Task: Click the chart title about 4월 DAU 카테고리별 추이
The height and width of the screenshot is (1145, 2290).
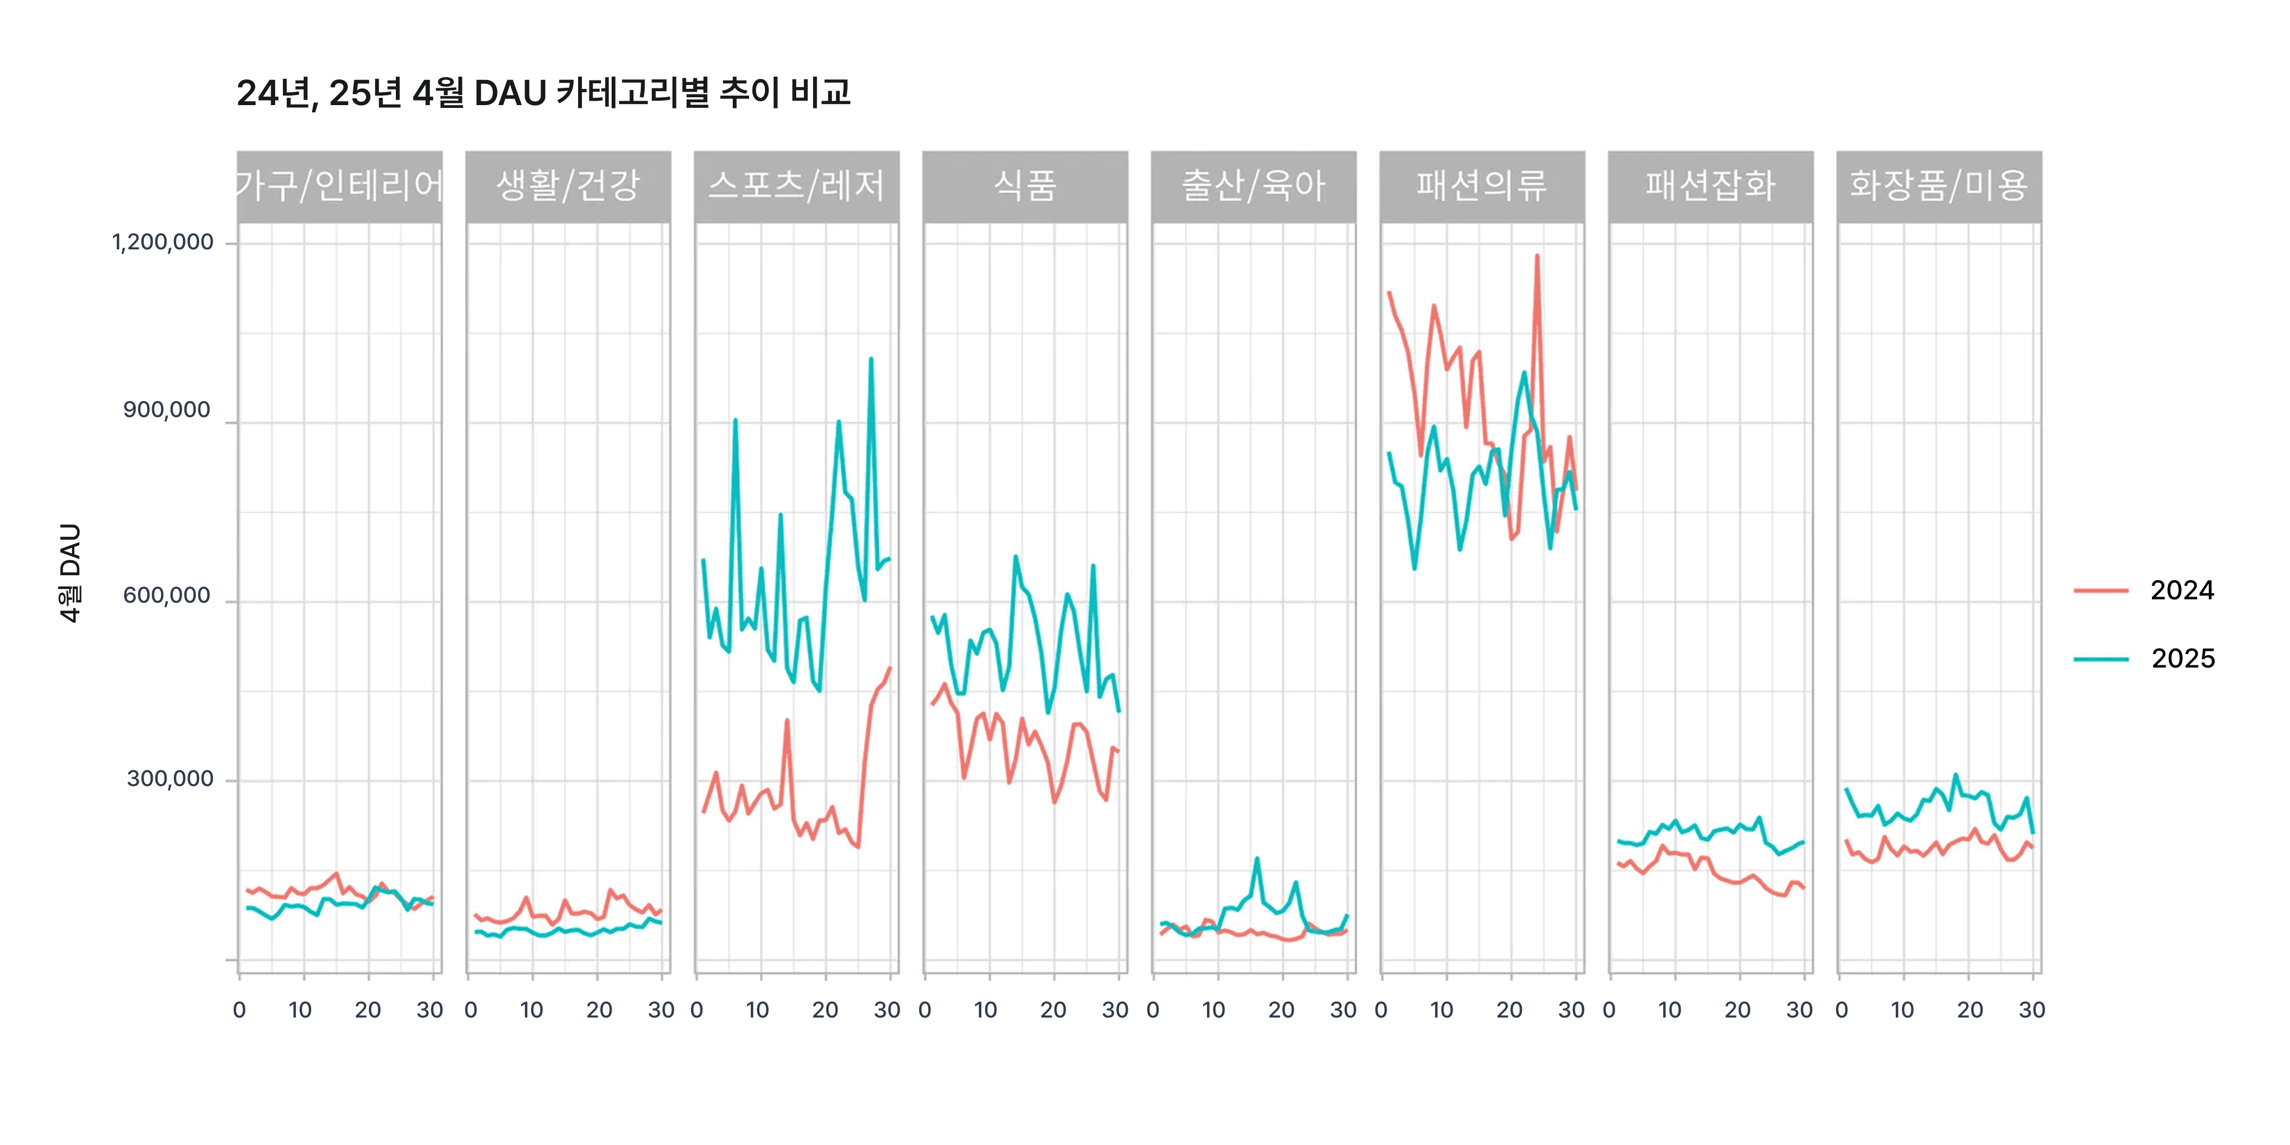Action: click(x=543, y=92)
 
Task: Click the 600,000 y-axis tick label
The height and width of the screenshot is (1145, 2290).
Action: click(x=167, y=595)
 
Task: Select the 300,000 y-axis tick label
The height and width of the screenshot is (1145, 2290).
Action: click(x=170, y=779)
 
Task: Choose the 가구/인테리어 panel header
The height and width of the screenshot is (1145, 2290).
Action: click(x=339, y=186)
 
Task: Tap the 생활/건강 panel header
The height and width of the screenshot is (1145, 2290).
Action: click(x=568, y=186)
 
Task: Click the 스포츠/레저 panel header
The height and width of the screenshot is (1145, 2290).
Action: click(x=797, y=186)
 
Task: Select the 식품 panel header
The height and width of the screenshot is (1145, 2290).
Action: click(x=1025, y=186)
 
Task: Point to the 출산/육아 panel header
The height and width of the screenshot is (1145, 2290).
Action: click(x=1253, y=186)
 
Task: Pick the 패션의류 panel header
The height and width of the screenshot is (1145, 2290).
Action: click(x=1482, y=186)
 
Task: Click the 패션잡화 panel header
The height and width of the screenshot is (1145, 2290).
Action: click(x=1710, y=186)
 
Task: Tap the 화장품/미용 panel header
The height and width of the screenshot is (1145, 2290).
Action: click(x=1939, y=186)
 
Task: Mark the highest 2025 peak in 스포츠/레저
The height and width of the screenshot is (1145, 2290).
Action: click(x=871, y=359)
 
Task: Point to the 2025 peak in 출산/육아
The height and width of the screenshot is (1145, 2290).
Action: click(x=1256, y=859)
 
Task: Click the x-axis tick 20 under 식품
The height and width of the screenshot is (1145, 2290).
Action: click(x=1053, y=1010)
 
